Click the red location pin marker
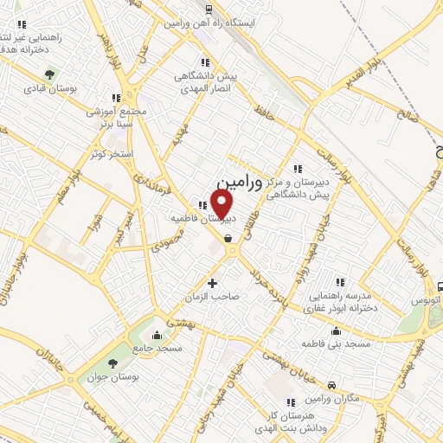click(223, 204)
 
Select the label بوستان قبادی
click(51, 89)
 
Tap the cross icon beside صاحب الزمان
click(213, 283)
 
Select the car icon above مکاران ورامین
click(333, 383)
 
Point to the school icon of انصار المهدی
click(205, 62)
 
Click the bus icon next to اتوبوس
click(440, 287)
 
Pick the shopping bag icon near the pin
click(227, 238)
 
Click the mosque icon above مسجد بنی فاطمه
click(336, 331)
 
